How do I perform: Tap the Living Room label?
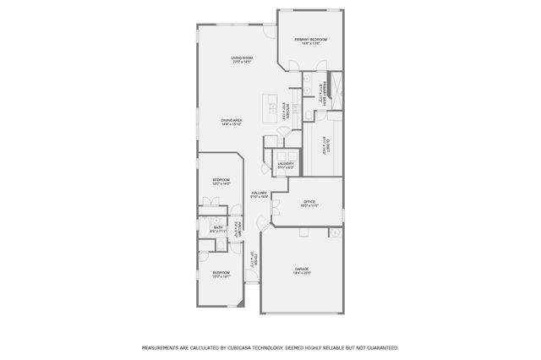click(243, 58)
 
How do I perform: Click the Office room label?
click(309, 202)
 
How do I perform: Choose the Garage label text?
click(302, 270)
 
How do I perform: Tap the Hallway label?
click(260, 194)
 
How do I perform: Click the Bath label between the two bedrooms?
click(217, 227)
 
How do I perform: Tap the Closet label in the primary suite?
click(325, 144)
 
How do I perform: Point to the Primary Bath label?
click(321, 91)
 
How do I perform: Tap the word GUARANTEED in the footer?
click(380, 347)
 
